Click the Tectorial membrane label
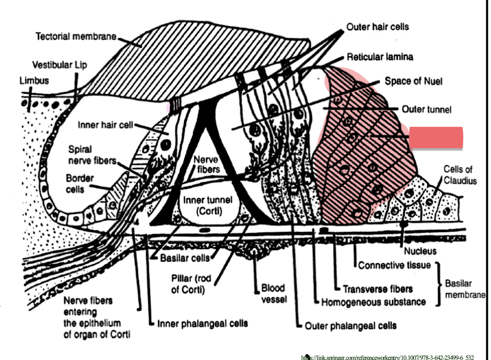pos(76,37)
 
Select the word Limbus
pos(34,81)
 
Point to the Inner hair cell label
pos(105,125)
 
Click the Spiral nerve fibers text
pos(92,155)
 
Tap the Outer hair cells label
pos(377,27)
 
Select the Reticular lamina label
pos(380,57)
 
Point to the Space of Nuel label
pos(413,81)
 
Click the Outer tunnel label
pos(427,110)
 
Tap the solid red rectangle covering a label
pos(436,138)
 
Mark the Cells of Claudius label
pos(460,175)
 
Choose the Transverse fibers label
pos(378,289)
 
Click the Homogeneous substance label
pos(373,302)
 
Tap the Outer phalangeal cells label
pos(350,326)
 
